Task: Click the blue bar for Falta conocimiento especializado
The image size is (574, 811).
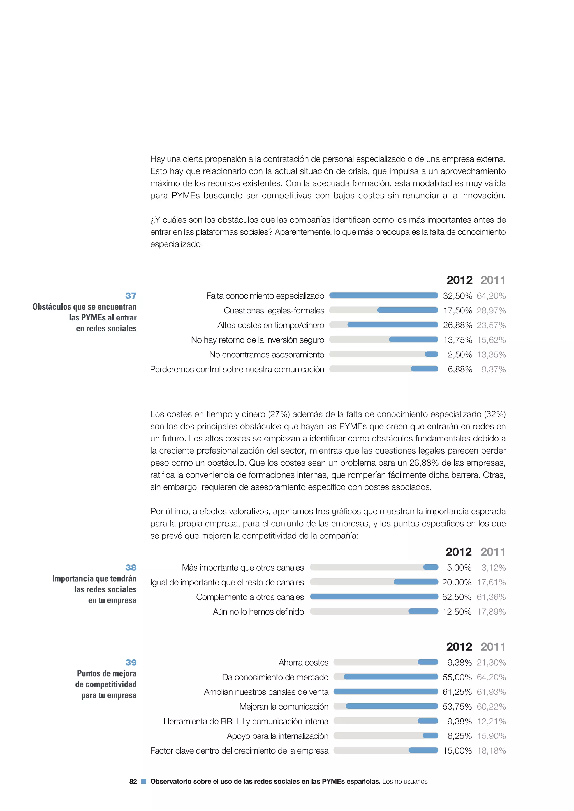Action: coord(383,295)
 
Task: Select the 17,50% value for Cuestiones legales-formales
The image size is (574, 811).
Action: coord(457,310)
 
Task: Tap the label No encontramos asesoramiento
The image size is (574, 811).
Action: coord(267,355)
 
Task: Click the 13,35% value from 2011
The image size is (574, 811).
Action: coord(491,355)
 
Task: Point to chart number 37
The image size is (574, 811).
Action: coord(131,296)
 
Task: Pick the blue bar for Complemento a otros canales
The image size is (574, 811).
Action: coord(374,597)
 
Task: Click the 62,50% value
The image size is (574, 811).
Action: coord(456,597)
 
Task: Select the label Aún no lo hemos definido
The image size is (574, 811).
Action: coord(258,612)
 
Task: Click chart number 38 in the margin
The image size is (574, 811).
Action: coord(131,568)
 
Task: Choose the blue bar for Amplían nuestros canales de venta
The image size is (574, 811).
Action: coord(386,692)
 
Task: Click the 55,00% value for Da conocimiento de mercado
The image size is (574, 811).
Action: coord(457,677)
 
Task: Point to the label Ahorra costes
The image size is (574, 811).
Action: coord(303,663)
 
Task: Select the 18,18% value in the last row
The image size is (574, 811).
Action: coord(491,750)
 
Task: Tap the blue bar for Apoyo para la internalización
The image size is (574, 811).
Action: coord(430,735)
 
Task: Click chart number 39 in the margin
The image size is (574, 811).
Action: coord(131,663)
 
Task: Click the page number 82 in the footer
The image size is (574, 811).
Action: coord(133,781)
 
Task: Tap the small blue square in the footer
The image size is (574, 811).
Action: coord(143,781)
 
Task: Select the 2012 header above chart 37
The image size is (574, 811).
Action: coord(459,280)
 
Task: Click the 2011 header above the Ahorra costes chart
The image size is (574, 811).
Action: coord(493,647)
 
